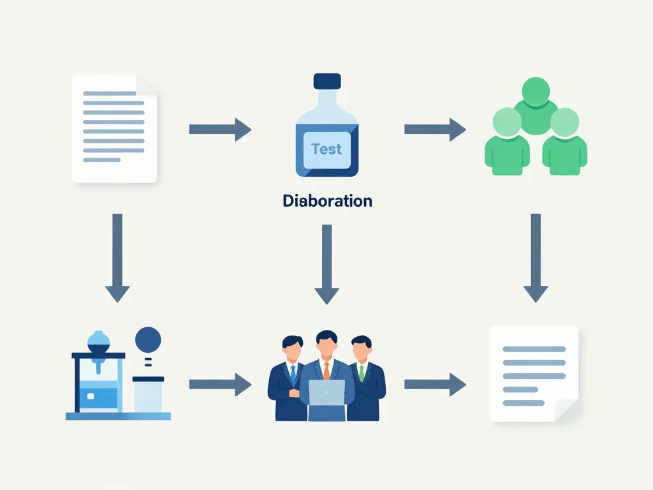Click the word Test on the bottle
click(x=326, y=149)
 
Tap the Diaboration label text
click(x=327, y=201)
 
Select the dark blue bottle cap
click(x=327, y=81)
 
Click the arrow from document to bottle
click(x=220, y=130)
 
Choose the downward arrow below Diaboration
click(x=327, y=264)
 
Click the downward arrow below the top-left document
click(x=117, y=257)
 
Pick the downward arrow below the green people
click(x=536, y=257)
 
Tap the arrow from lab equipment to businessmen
click(x=220, y=385)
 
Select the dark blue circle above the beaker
click(x=148, y=338)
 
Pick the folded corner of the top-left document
click(x=147, y=86)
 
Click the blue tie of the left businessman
click(x=293, y=373)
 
